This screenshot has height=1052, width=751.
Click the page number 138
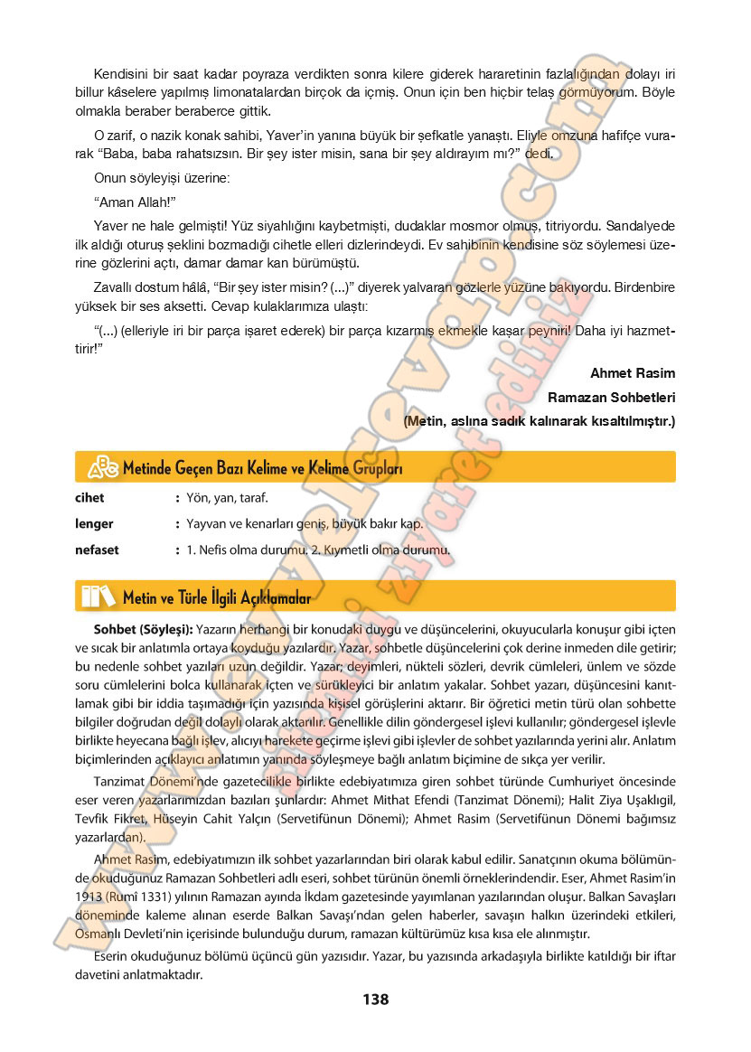tap(375, 1000)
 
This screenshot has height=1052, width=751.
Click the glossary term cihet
tap(89, 498)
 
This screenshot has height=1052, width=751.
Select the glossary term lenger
tap(94, 523)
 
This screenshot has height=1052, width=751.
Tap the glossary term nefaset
tap(97, 549)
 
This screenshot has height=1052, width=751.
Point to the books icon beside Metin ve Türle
tap(99, 596)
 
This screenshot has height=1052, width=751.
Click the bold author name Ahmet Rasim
tap(633, 373)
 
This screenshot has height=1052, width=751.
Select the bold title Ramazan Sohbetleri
tap(612, 397)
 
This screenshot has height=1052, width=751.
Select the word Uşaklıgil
tap(645, 802)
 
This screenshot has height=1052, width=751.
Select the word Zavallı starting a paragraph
tap(114, 286)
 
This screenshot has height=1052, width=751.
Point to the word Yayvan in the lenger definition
tap(206, 524)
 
